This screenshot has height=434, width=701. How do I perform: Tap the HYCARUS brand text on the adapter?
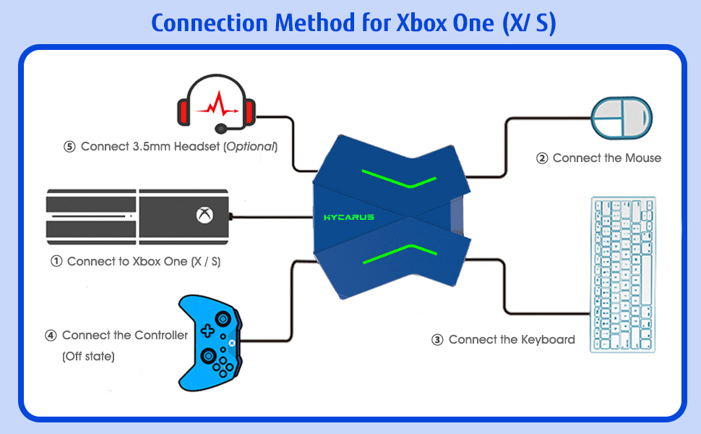348,217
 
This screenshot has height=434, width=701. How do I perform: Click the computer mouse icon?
622,118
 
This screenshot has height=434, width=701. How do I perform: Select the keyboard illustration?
623,274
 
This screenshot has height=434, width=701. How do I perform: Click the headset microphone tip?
220,129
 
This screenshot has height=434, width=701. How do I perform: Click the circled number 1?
56,262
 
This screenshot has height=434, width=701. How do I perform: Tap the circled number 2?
542,158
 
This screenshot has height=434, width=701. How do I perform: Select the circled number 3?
437,340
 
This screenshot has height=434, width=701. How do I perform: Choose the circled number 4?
51,336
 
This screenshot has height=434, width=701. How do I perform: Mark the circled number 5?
69,147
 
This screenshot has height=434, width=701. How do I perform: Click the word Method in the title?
314,23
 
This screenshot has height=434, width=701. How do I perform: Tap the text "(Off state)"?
88,357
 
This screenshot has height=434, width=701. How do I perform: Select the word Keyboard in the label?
546,339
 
